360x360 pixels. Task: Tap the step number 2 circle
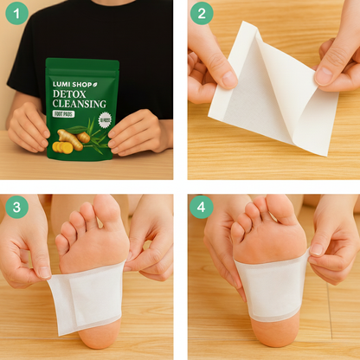tap(202, 15)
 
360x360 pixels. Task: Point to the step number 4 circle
tap(202, 208)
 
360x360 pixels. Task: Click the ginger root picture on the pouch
tap(70, 139)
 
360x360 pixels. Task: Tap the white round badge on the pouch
tap(105, 121)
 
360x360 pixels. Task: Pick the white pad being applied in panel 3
tap(87, 297)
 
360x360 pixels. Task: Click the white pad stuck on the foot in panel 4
tap(271, 284)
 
